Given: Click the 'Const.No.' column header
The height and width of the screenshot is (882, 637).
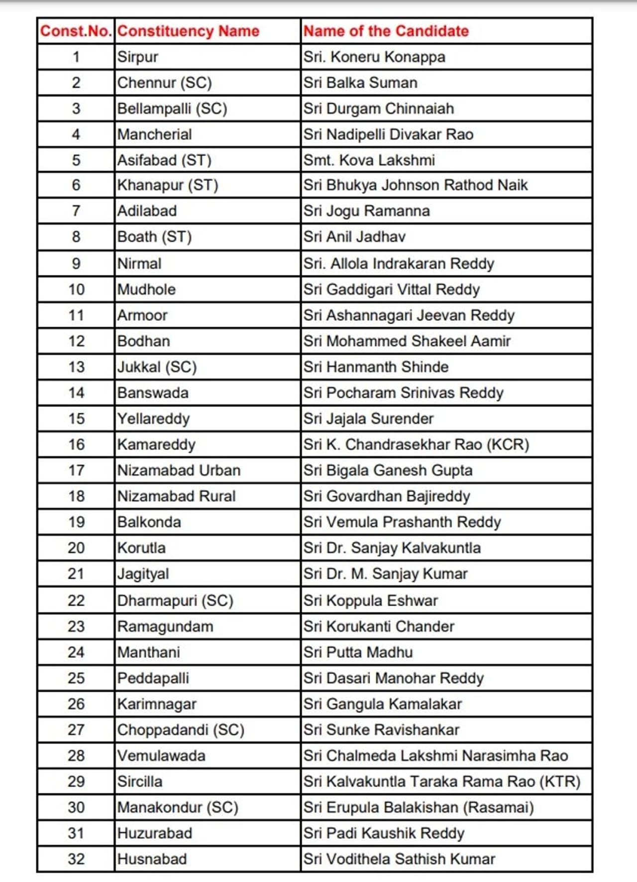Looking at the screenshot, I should [x=76, y=31].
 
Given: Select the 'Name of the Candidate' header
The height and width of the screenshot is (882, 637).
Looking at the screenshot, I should [x=386, y=31].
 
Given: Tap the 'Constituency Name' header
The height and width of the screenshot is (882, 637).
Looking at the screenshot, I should [x=188, y=31].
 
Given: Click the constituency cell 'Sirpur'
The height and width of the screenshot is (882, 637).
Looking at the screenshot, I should [x=138, y=57].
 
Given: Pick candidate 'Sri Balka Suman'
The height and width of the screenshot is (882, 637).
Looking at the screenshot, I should [x=360, y=83].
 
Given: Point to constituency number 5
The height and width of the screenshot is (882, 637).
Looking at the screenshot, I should [x=76, y=160].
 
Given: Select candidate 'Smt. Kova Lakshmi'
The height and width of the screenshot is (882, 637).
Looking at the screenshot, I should [x=369, y=160].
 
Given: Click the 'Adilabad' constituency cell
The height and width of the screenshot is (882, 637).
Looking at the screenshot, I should [x=147, y=211].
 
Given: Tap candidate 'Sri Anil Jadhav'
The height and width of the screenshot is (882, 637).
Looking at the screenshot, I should [x=354, y=237].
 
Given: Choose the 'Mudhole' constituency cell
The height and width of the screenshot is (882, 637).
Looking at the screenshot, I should [x=146, y=289].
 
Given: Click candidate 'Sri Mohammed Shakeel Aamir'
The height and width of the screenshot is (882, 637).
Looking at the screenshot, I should [x=407, y=341].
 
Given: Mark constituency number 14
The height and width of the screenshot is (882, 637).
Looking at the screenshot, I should [x=76, y=393].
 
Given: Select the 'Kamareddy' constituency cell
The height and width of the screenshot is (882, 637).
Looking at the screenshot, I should [x=156, y=444].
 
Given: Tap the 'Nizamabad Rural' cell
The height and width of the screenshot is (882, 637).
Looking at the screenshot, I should [x=176, y=496].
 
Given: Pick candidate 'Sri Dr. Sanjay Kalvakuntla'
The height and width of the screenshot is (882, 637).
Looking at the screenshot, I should [x=392, y=548].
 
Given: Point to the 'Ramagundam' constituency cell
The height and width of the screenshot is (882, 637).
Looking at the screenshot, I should [x=165, y=627].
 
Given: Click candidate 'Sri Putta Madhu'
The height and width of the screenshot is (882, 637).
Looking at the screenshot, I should [x=358, y=652].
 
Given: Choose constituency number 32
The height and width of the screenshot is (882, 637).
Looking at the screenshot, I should [x=76, y=859].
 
